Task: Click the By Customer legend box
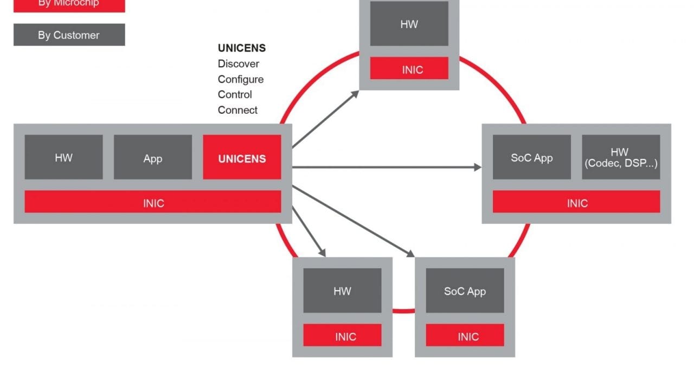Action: pos(69,35)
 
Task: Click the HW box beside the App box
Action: pos(63,157)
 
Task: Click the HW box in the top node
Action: pos(409,24)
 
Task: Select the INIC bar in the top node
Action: pos(409,69)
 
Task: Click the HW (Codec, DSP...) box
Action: pos(621,157)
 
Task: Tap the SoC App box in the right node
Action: pos(531,157)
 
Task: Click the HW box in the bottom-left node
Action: pos(342,291)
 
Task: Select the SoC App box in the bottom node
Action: pos(465,291)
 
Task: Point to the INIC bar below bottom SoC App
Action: pos(465,336)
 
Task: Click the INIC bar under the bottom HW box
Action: pos(342,336)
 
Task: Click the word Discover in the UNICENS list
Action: pos(239,63)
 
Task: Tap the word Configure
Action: pos(241,79)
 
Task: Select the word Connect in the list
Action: pos(237,110)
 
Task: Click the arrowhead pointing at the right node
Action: pos(478,168)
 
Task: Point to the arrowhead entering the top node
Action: pos(356,93)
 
